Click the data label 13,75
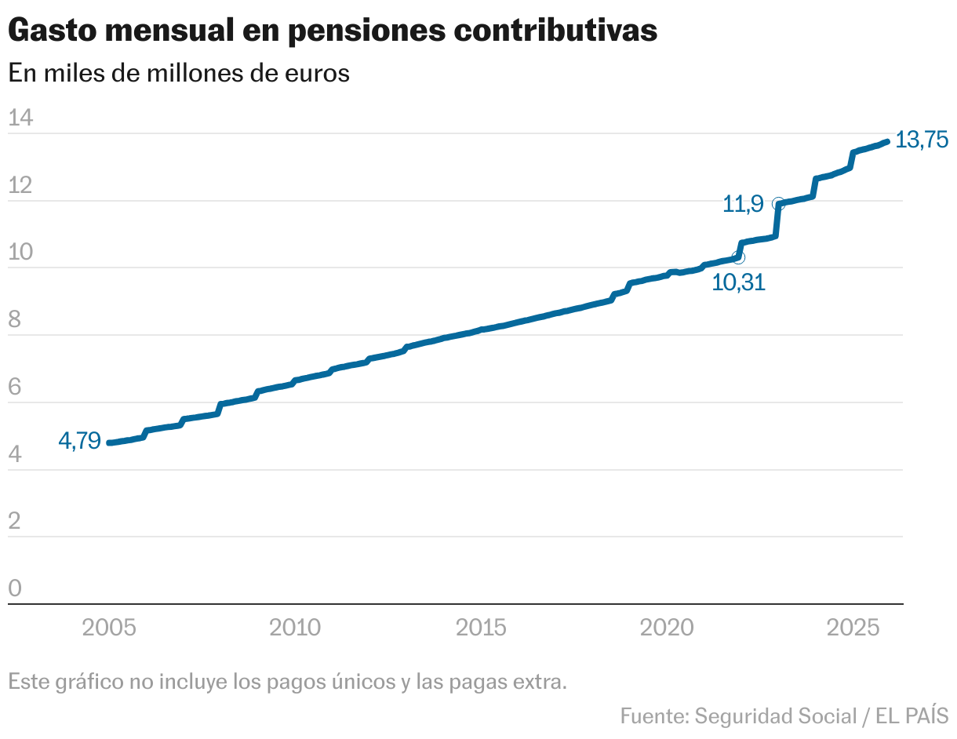tap(922, 140)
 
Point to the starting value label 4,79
tap(79, 441)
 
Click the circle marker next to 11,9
tap(778, 204)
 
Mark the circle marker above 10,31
tap(738, 257)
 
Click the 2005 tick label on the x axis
tap(109, 628)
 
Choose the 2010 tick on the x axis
tap(295, 628)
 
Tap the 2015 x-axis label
tap(482, 628)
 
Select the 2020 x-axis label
tap(668, 628)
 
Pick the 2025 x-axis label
tap(854, 628)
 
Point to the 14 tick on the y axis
tap(20, 118)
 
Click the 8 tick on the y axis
tap(14, 320)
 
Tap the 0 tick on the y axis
tap(14, 588)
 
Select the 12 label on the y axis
tap(20, 186)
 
